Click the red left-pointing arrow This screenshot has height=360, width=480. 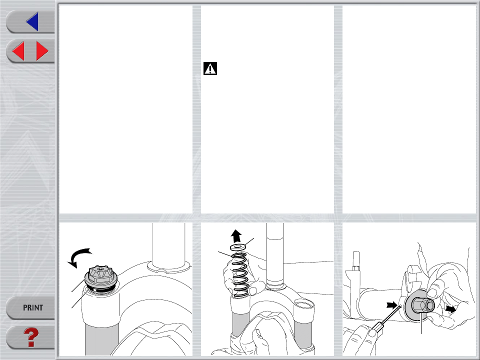18,51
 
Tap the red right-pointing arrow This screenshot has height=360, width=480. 42,51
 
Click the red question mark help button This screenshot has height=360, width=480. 31,337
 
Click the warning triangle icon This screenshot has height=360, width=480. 210,68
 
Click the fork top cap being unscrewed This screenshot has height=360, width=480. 100,278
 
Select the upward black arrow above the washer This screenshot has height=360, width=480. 236,236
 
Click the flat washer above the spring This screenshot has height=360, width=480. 238,246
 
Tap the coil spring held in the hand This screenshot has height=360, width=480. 241,275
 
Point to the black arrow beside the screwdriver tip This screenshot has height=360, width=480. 392,305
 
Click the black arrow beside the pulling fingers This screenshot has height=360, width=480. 450,309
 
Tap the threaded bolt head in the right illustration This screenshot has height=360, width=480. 355,260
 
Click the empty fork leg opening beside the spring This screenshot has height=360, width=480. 304,304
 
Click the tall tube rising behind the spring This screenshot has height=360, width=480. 275,254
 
